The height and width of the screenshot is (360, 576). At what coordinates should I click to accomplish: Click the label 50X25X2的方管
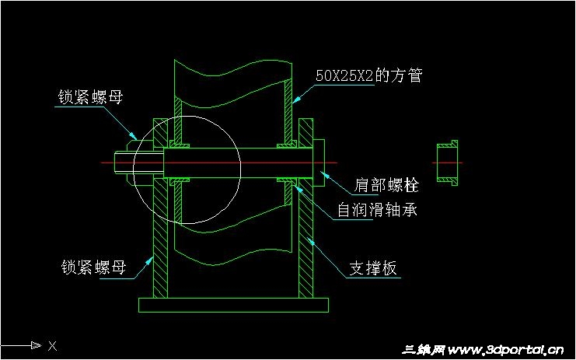point(368,76)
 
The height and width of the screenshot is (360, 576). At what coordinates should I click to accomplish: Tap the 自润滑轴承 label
point(377,210)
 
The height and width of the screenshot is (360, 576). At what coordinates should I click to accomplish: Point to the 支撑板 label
point(373,268)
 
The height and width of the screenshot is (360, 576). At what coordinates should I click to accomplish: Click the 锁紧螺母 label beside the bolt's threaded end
point(90,97)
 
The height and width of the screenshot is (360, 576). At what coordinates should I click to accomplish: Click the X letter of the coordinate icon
point(52,345)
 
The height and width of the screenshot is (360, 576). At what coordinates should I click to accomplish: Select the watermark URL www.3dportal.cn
point(505,350)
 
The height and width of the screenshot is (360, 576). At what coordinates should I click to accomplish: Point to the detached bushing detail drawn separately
point(446,163)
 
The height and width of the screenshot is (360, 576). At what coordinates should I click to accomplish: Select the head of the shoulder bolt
point(319,163)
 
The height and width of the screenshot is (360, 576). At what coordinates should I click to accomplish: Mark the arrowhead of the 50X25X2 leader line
point(295,102)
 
